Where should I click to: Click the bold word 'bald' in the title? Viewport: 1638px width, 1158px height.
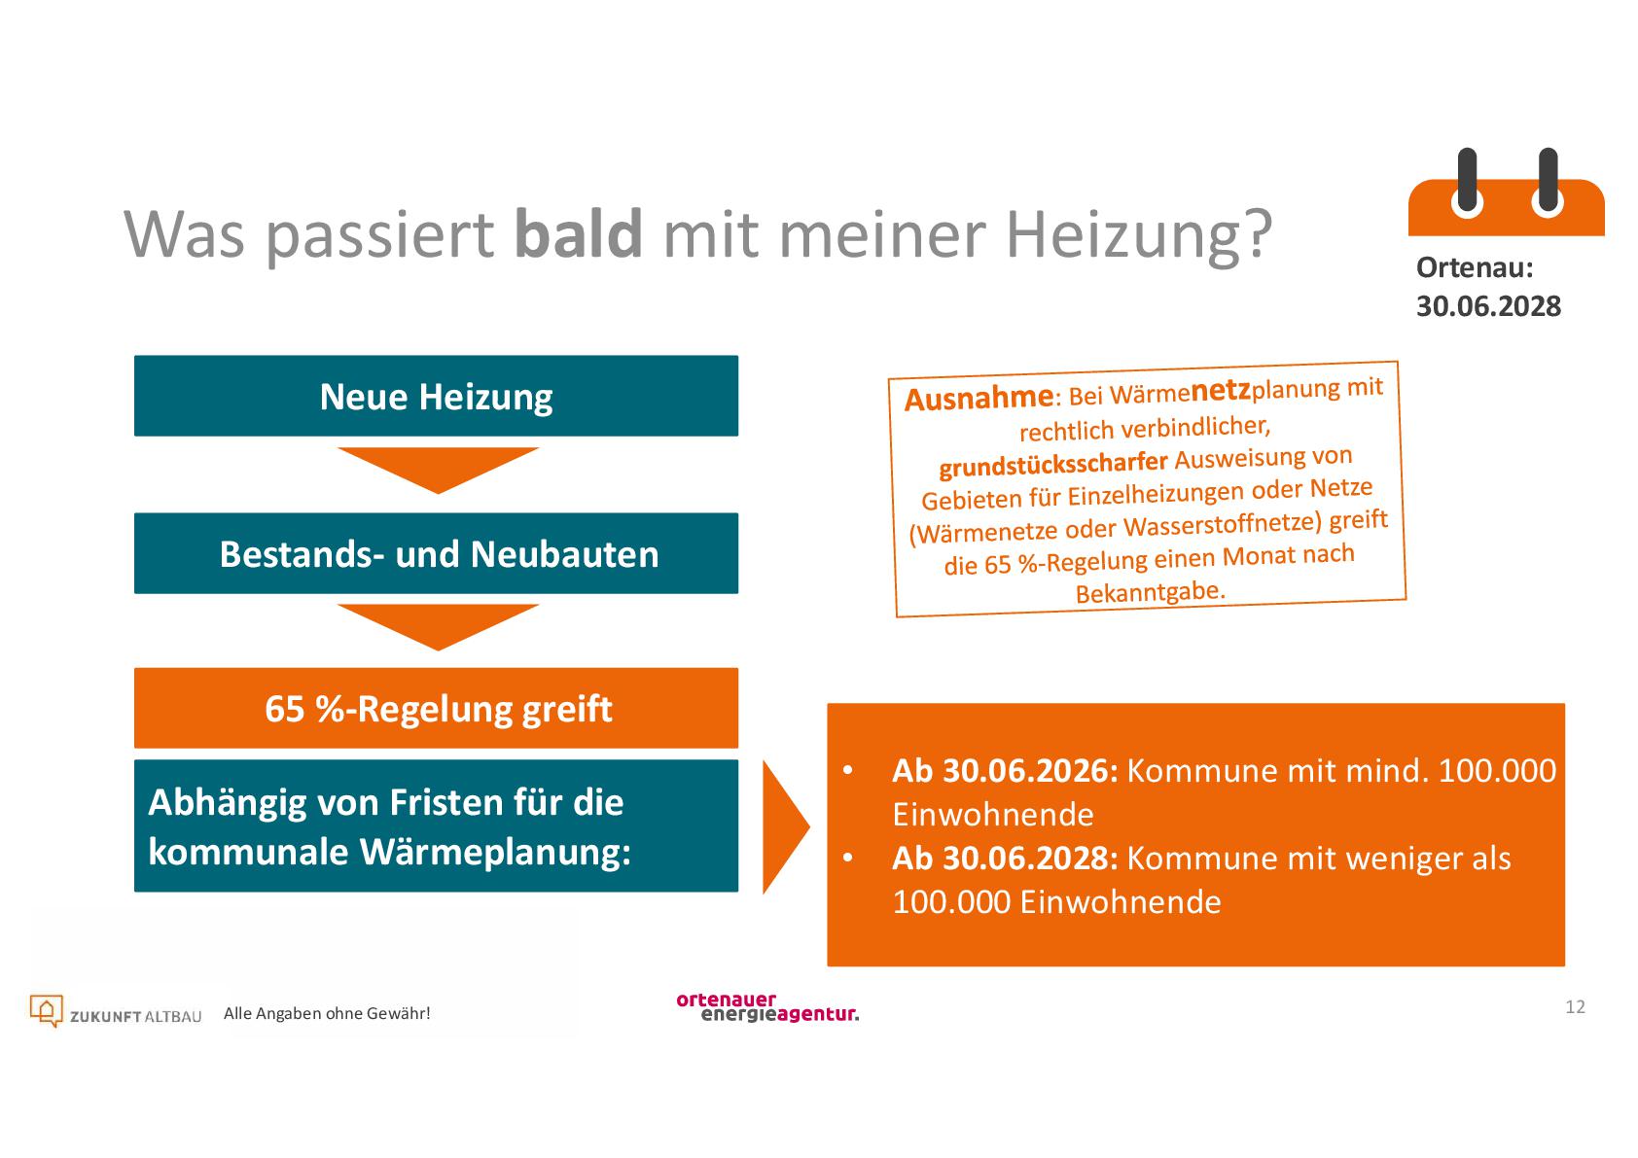pyautogui.click(x=579, y=233)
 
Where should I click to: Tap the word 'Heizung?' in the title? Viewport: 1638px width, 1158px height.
pyautogui.click(x=1139, y=235)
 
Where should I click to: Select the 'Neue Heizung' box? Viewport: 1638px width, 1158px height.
pyautogui.click(x=436, y=396)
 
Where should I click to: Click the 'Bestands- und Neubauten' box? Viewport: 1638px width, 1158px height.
pyautogui.click(x=436, y=552)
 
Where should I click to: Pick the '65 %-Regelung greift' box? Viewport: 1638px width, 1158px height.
pyautogui.click(x=436, y=708)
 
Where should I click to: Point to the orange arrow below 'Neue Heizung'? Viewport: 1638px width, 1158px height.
pyautogui.click(x=438, y=470)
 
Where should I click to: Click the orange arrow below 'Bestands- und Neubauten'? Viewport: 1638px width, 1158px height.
pyautogui.click(x=438, y=626)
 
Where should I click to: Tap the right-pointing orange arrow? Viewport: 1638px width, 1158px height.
pyautogui.click(x=785, y=826)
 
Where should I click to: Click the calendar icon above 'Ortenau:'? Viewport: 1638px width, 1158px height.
pyautogui.click(x=1507, y=193)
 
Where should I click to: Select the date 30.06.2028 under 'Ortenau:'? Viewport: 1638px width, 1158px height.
pyautogui.click(x=1489, y=306)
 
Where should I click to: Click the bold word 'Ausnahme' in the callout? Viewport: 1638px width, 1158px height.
pyautogui.click(x=979, y=399)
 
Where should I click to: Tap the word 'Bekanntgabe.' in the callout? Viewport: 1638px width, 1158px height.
pyautogui.click(x=1151, y=591)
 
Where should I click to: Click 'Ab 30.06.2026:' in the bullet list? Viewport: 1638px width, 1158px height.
pyautogui.click(x=1005, y=770)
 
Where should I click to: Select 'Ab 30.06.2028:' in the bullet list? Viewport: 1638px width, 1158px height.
pyautogui.click(x=1005, y=859)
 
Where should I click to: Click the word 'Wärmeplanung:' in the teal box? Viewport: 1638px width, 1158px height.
pyautogui.click(x=495, y=853)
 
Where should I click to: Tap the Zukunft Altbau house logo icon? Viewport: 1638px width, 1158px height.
pyautogui.click(x=46, y=1011)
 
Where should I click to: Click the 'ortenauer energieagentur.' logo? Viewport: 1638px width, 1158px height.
pyautogui.click(x=767, y=1006)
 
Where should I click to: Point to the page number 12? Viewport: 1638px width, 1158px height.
pyautogui.click(x=1575, y=1006)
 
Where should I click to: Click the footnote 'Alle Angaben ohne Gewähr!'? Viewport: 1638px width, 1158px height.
pyautogui.click(x=327, y=1013)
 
